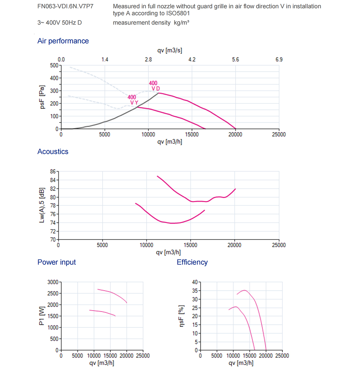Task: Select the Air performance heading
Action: (x=63, y=41)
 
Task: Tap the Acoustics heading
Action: (x=53, y=152)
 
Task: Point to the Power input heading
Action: (x=57, y=262)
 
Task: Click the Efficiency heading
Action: (x=192, y=262)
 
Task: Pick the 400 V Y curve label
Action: (x=132, y=100)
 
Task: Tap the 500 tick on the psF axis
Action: (x=54, y=65)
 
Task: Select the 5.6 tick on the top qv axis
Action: (x=235, y=59)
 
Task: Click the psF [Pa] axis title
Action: (x=42, y=97)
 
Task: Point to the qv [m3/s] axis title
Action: (x=170, y=50)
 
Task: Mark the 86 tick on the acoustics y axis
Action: (x=53, y=171)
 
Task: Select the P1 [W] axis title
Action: (x=42, y=316)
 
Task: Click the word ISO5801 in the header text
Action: (x=178, y=13)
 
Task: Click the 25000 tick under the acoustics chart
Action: (x=278, y=245)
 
